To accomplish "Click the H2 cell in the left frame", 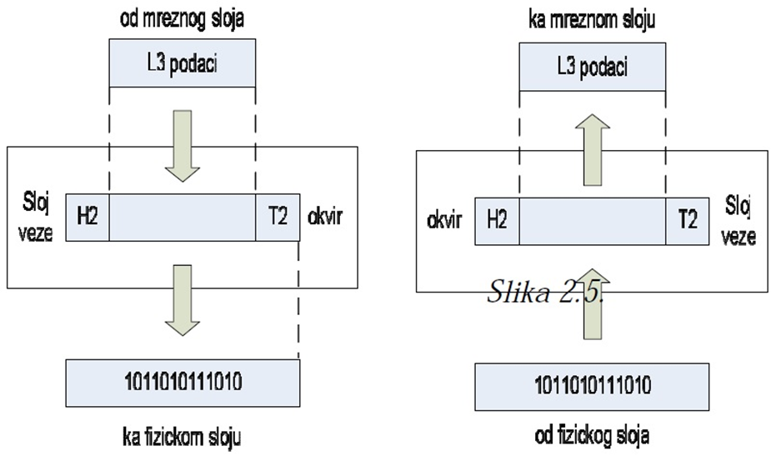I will click(x=88, y=218).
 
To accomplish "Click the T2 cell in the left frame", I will click(x=277, y=218).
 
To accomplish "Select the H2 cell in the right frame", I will click(x=497, y=221).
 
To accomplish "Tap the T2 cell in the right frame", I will click(x=687, y=221).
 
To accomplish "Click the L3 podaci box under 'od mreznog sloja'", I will click(x=183, y=64).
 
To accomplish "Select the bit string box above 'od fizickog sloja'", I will click(x=592, y=387).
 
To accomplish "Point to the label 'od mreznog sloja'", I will click(x=181, y=17).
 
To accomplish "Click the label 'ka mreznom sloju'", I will click(x=591, y=19).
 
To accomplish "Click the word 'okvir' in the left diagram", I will click(x=328, y=217).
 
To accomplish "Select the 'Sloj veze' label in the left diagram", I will click(x=38, y=218).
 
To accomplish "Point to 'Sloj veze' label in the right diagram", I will click(x=739, y=222).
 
